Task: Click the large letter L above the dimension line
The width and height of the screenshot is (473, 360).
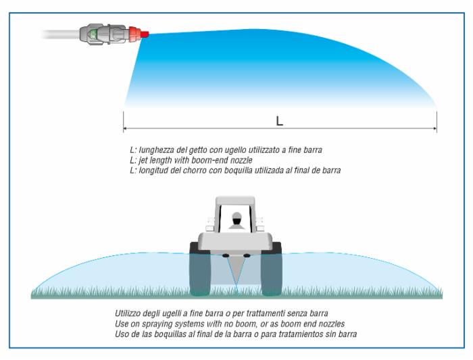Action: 278,121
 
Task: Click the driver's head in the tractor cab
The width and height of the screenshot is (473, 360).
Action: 236,220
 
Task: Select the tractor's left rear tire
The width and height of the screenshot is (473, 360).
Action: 201,270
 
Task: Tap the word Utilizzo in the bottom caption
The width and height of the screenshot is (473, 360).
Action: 130,314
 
